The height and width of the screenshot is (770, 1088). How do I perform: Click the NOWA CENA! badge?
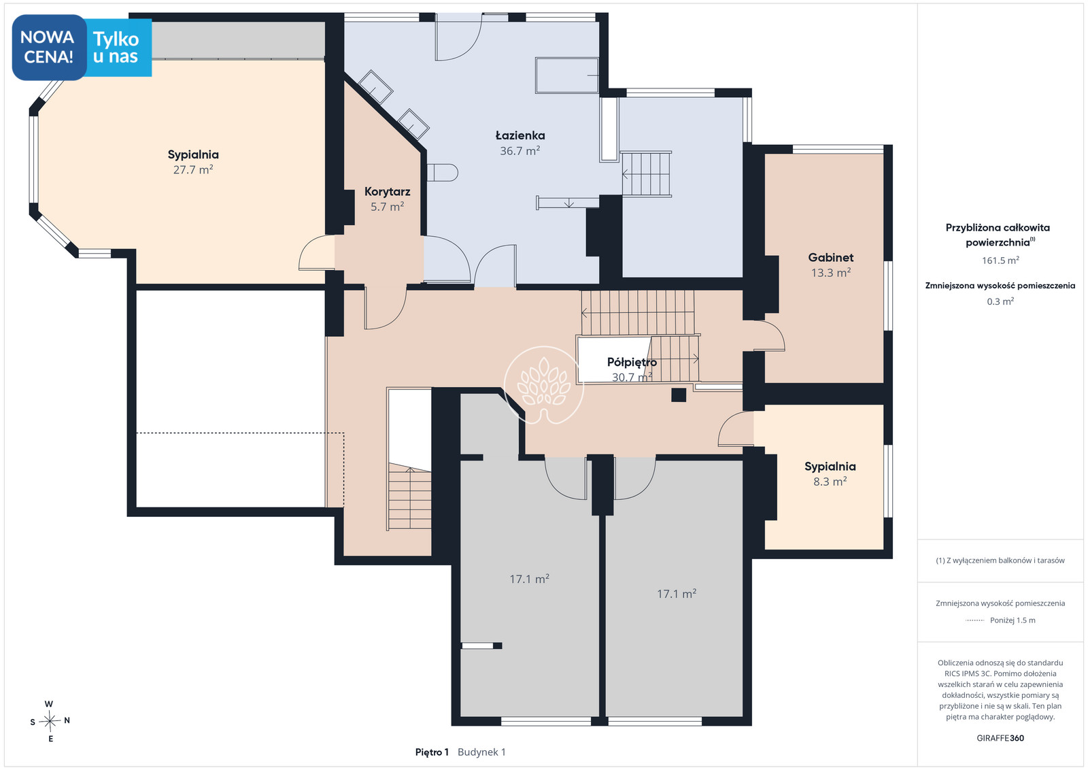[x=49, y=47]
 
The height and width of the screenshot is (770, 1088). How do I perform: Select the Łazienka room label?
[x=520, y=135]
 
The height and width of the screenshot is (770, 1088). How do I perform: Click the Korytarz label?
[x=387, y=191]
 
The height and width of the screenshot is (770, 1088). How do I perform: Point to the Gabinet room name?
[x=830, y=258]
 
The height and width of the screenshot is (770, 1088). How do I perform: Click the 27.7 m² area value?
[x=193, y=169]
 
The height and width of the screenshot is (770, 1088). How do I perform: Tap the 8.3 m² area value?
[x=830, y=482]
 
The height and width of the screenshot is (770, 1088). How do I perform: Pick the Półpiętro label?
[x=632, y=363]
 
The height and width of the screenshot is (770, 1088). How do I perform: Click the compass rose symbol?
[x=50, y=721]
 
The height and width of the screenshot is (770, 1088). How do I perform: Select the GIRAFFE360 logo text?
[x=1000, y=738]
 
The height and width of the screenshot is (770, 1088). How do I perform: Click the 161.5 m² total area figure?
[x=1000, y=261]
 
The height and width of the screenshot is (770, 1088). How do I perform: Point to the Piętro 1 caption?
[x=432, y=752]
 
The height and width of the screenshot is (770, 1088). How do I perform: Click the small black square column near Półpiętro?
[x=679, y=395]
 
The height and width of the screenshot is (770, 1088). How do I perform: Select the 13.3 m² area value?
[x=830, y=273]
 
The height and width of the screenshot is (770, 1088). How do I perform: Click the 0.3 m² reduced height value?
[x=1000, y=301]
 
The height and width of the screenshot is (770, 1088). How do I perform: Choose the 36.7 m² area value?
[x=520, y=151]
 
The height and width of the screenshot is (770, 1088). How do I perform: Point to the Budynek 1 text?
[x=481, y=752]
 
